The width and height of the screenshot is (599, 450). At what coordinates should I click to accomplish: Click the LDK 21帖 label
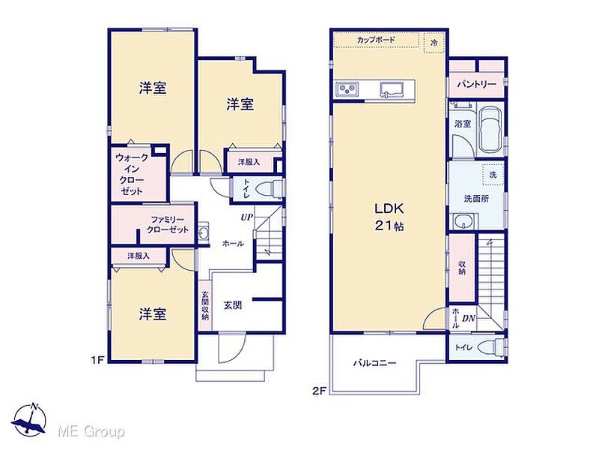pos(389,217)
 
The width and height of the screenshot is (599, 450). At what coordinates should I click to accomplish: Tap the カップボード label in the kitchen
pos(376,40)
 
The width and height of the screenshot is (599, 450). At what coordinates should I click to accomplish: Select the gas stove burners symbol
pos(347,89)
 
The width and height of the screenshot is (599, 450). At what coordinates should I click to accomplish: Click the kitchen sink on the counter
pos(391,89)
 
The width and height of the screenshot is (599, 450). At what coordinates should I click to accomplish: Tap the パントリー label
pos(477,84)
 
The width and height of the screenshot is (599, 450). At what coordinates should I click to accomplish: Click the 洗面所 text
pos(476,199)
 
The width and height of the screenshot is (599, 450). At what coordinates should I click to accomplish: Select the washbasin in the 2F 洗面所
pos(463,221)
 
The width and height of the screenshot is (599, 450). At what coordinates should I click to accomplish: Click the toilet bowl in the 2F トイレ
pos(490,347)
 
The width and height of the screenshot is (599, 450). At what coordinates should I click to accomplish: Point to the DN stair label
pos(469,318)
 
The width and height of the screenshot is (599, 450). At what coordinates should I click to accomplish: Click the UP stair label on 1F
pos(247,217)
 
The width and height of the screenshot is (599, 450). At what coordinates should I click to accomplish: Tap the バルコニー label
pos(374,363)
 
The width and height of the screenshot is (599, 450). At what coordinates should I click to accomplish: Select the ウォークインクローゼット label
pos(132,174)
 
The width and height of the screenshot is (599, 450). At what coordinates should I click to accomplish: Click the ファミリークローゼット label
pos(168,224)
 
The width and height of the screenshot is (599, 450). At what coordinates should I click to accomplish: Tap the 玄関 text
pos(233,305)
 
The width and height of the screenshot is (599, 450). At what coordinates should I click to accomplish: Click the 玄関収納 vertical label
pos(205,306)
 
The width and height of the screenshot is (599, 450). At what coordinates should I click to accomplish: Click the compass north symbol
pos(29,420)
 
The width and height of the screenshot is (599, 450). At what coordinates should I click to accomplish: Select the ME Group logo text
pos(91,432)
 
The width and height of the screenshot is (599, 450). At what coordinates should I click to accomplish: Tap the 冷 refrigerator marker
pos(434,43)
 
